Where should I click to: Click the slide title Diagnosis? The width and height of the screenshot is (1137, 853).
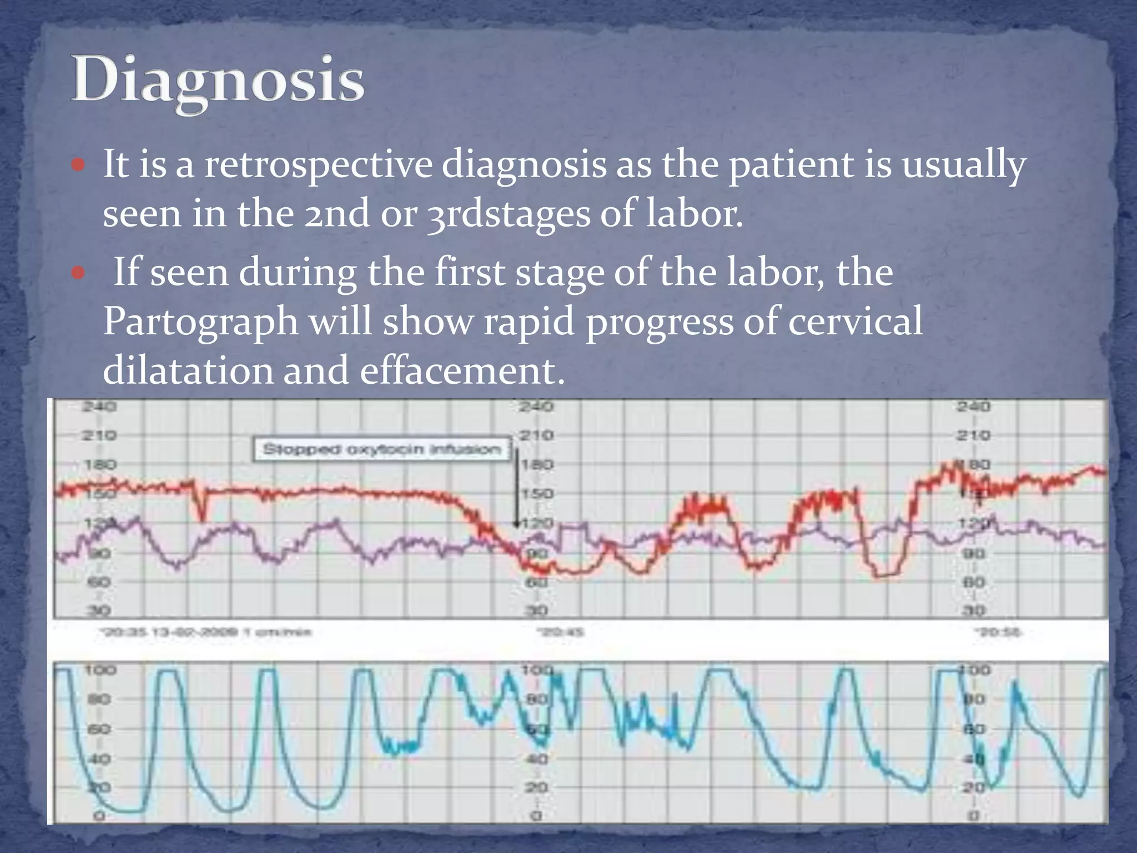[x=218, y=81]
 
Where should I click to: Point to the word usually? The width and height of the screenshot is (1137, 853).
[x=964, y=165]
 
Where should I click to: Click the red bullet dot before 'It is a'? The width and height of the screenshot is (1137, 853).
[x=78, y=165]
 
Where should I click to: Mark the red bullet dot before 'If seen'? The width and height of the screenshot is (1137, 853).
[x=78, y=273]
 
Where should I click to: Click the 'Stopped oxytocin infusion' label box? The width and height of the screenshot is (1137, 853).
[x=381, y=449]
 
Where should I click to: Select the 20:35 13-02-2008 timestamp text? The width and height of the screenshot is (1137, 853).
[x=205, y=632]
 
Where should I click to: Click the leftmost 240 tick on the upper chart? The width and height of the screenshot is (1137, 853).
[x=99, y=407]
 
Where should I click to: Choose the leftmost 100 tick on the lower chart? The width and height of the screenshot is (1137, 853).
[x=100, y=670]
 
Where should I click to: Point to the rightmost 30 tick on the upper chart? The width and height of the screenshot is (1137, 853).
[x=973, y=611]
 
